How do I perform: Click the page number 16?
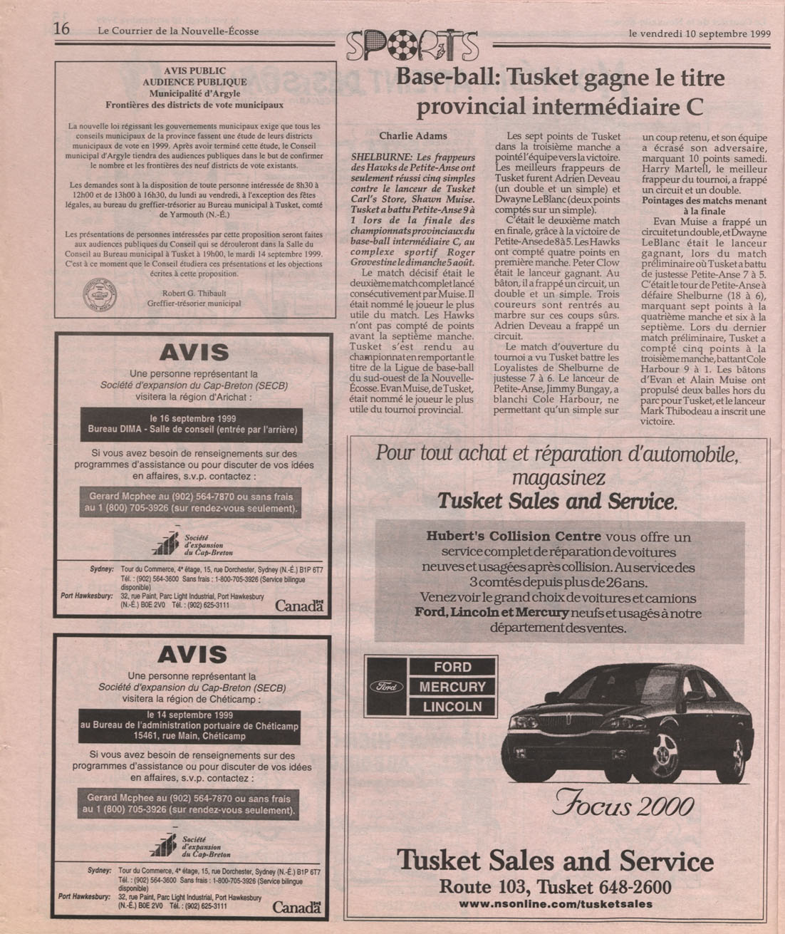click(x=61, y=29)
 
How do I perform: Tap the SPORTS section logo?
click(x=412, y=45)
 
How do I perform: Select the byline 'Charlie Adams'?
click(x=413, y=135)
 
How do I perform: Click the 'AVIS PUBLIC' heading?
click(x=194, y=71)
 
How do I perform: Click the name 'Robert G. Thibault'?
click(x=194, y=292)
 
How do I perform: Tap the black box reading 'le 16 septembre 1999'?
click(x=192, y=424)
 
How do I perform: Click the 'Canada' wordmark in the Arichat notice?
click(x=299, y=606)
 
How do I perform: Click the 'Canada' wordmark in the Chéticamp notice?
click(x=296, y=908)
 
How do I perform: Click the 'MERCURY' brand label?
click(x=452, y=687)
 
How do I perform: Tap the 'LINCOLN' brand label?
click(x=452, y=707)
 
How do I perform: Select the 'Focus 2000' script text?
click(x=622, y=806)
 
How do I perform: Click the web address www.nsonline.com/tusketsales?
click(x=555, y=904)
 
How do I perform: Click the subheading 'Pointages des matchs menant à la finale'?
click(x=705, y=206)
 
